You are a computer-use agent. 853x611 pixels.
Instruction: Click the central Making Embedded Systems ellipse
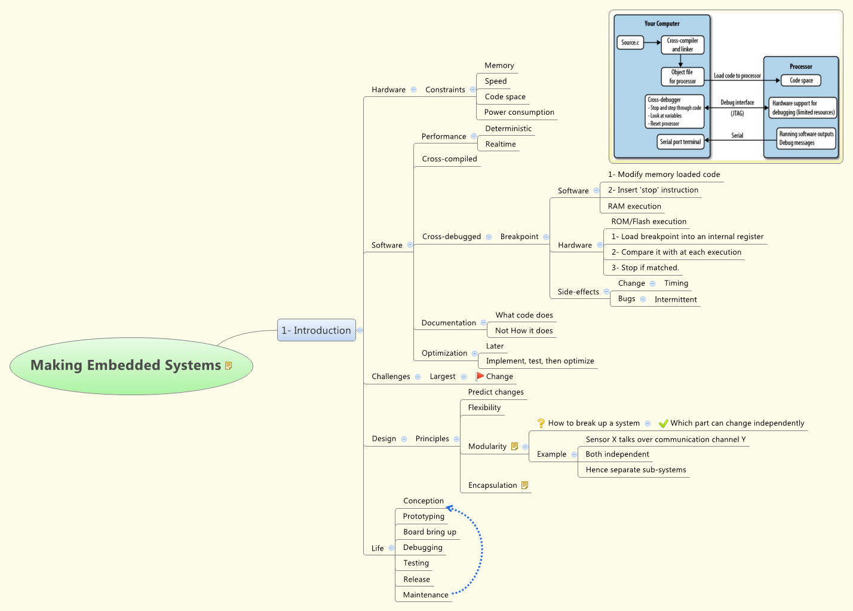[131, 366]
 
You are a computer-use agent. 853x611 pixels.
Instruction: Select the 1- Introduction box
[317, 330]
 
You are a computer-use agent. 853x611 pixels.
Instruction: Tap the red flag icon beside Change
[480, 376]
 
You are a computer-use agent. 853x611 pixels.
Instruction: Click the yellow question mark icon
[541, 423]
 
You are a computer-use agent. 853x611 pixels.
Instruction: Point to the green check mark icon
[664, 423]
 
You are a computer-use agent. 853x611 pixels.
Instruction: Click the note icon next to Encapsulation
[524, 485]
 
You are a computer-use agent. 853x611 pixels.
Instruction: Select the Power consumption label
[519, 112]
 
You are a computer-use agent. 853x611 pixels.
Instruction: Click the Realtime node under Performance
[501, 144]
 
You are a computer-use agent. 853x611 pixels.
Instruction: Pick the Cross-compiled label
[449, 158]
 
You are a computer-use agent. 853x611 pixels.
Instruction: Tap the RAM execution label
[634, 206]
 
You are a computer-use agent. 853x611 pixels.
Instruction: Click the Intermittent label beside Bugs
[676, 300]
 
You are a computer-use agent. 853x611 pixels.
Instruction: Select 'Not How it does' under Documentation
[524, 331]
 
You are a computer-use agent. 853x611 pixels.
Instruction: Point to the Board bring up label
[429, 531]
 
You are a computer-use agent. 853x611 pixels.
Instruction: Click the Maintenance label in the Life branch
[426, 595]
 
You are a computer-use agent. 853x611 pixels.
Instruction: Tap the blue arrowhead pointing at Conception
[449, 508]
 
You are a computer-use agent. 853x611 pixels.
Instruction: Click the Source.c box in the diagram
[630, 42]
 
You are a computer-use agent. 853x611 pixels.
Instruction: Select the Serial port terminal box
[680, 142]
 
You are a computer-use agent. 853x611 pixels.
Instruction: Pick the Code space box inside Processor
[801, 81]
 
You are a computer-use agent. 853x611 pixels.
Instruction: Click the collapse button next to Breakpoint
[546, 237]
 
